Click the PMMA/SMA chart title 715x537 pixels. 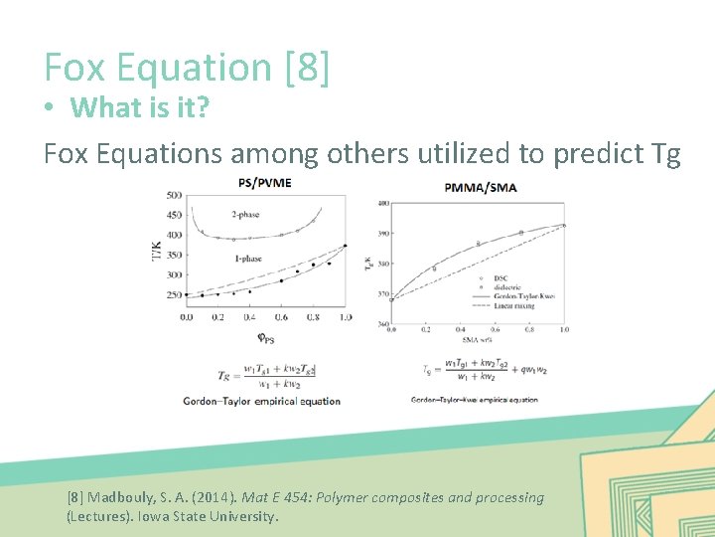[481, 187]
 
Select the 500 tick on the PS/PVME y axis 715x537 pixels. [175, 195]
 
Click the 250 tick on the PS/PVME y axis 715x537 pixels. [175, 295]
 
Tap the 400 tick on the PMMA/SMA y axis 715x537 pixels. [382, 204]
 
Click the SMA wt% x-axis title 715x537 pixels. [478, 339]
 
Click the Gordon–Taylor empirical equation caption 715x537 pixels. [262, 402]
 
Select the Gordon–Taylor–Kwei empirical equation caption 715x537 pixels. [475, 400]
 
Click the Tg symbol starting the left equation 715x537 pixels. [224, 375]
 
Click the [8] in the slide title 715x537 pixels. [307, 67]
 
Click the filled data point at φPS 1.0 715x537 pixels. [345, 246]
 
